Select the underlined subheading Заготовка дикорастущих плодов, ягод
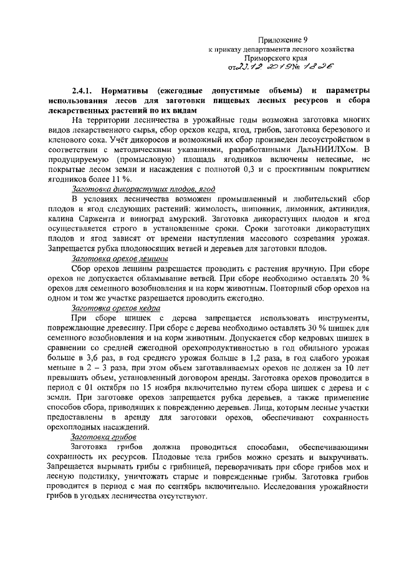point(127,189)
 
